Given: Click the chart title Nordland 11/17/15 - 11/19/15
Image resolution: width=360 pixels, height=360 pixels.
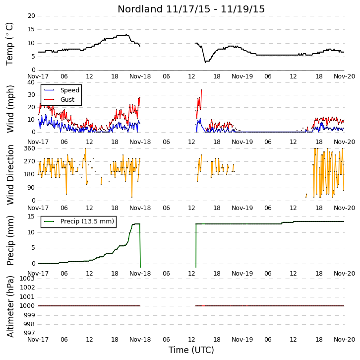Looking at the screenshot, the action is click(191, 9).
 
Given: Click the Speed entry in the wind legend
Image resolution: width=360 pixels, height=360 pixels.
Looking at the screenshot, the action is click(70, 90).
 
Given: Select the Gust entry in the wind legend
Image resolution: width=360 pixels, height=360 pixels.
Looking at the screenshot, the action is click(67, 99).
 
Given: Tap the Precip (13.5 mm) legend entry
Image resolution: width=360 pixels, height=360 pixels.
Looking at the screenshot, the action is click(87, 221).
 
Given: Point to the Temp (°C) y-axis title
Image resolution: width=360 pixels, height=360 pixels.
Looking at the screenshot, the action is click(9, 44).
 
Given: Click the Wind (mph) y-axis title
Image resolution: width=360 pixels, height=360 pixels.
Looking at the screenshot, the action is click(10, 109).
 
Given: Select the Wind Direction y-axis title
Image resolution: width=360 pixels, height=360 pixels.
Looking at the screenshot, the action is click(10, 175).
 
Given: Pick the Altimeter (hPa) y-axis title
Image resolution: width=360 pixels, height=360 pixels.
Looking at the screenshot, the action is click(10, 306).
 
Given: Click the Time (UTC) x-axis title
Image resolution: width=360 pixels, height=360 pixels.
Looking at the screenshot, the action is click(191, 350).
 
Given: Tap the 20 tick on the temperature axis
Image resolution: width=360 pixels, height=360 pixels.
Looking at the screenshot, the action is click(31, 16).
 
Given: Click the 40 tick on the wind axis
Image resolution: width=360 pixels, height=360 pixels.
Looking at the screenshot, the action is click(31, 82).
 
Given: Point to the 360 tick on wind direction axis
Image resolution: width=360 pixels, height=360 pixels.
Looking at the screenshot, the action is click(30, 148).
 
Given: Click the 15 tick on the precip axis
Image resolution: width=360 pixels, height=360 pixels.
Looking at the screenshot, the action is click(31, 216).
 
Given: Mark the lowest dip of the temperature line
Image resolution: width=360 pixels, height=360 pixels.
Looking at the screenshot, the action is click(205, 62).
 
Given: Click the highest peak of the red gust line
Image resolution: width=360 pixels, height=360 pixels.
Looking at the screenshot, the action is click(201, 90).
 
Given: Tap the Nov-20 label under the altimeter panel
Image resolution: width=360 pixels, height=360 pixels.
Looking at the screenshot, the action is click(345, 339).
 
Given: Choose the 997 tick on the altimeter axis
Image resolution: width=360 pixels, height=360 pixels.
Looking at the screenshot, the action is click(30, 333).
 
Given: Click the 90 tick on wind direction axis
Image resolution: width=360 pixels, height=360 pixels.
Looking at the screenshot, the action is click(31, 188).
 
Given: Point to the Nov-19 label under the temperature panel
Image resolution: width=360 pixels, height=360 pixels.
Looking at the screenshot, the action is click(242, 76).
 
